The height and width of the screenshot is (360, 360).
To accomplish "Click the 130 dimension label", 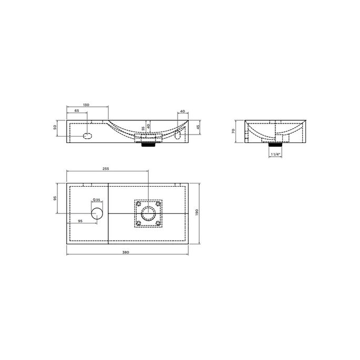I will (87, 105).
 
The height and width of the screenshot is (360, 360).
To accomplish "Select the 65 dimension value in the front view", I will (77, 111).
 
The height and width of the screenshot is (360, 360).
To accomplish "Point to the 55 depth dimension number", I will (143, 128).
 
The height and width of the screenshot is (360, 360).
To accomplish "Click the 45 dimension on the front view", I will (198, 127).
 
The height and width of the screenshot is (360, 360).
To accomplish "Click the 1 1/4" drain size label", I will (275, 155).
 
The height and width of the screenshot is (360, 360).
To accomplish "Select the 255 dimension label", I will (106, 169).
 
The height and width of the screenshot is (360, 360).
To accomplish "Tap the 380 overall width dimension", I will (126, 253).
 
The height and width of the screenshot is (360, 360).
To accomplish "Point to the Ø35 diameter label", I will (97, 200).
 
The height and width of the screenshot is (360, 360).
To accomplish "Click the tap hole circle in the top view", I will (97, 213).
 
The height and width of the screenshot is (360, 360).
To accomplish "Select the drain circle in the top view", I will (148, 213).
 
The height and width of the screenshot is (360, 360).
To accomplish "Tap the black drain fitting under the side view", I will (275, 143).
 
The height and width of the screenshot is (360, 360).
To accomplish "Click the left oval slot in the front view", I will (88, 136).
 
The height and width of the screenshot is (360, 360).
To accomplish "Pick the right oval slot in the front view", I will (178, 136).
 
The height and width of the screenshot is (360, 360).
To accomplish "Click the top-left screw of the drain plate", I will (139, 203).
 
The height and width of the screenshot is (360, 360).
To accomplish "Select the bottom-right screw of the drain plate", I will (158, 223).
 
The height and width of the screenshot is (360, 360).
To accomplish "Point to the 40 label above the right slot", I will (182, 111).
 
